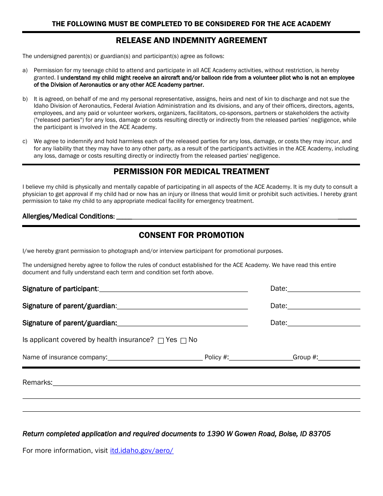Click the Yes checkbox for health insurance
[161, 341]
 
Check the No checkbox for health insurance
[183, 341]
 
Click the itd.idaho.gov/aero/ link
[142, 450]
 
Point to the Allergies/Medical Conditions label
[69, 216]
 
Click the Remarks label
[37, 382]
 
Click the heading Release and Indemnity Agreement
[191, 40]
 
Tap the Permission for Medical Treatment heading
[191, 171]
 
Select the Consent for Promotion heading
[191, 235]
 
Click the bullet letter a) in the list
[25, 71]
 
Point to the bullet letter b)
[25, 99]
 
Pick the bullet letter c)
[25, 142]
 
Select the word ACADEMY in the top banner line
[314, 24]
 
